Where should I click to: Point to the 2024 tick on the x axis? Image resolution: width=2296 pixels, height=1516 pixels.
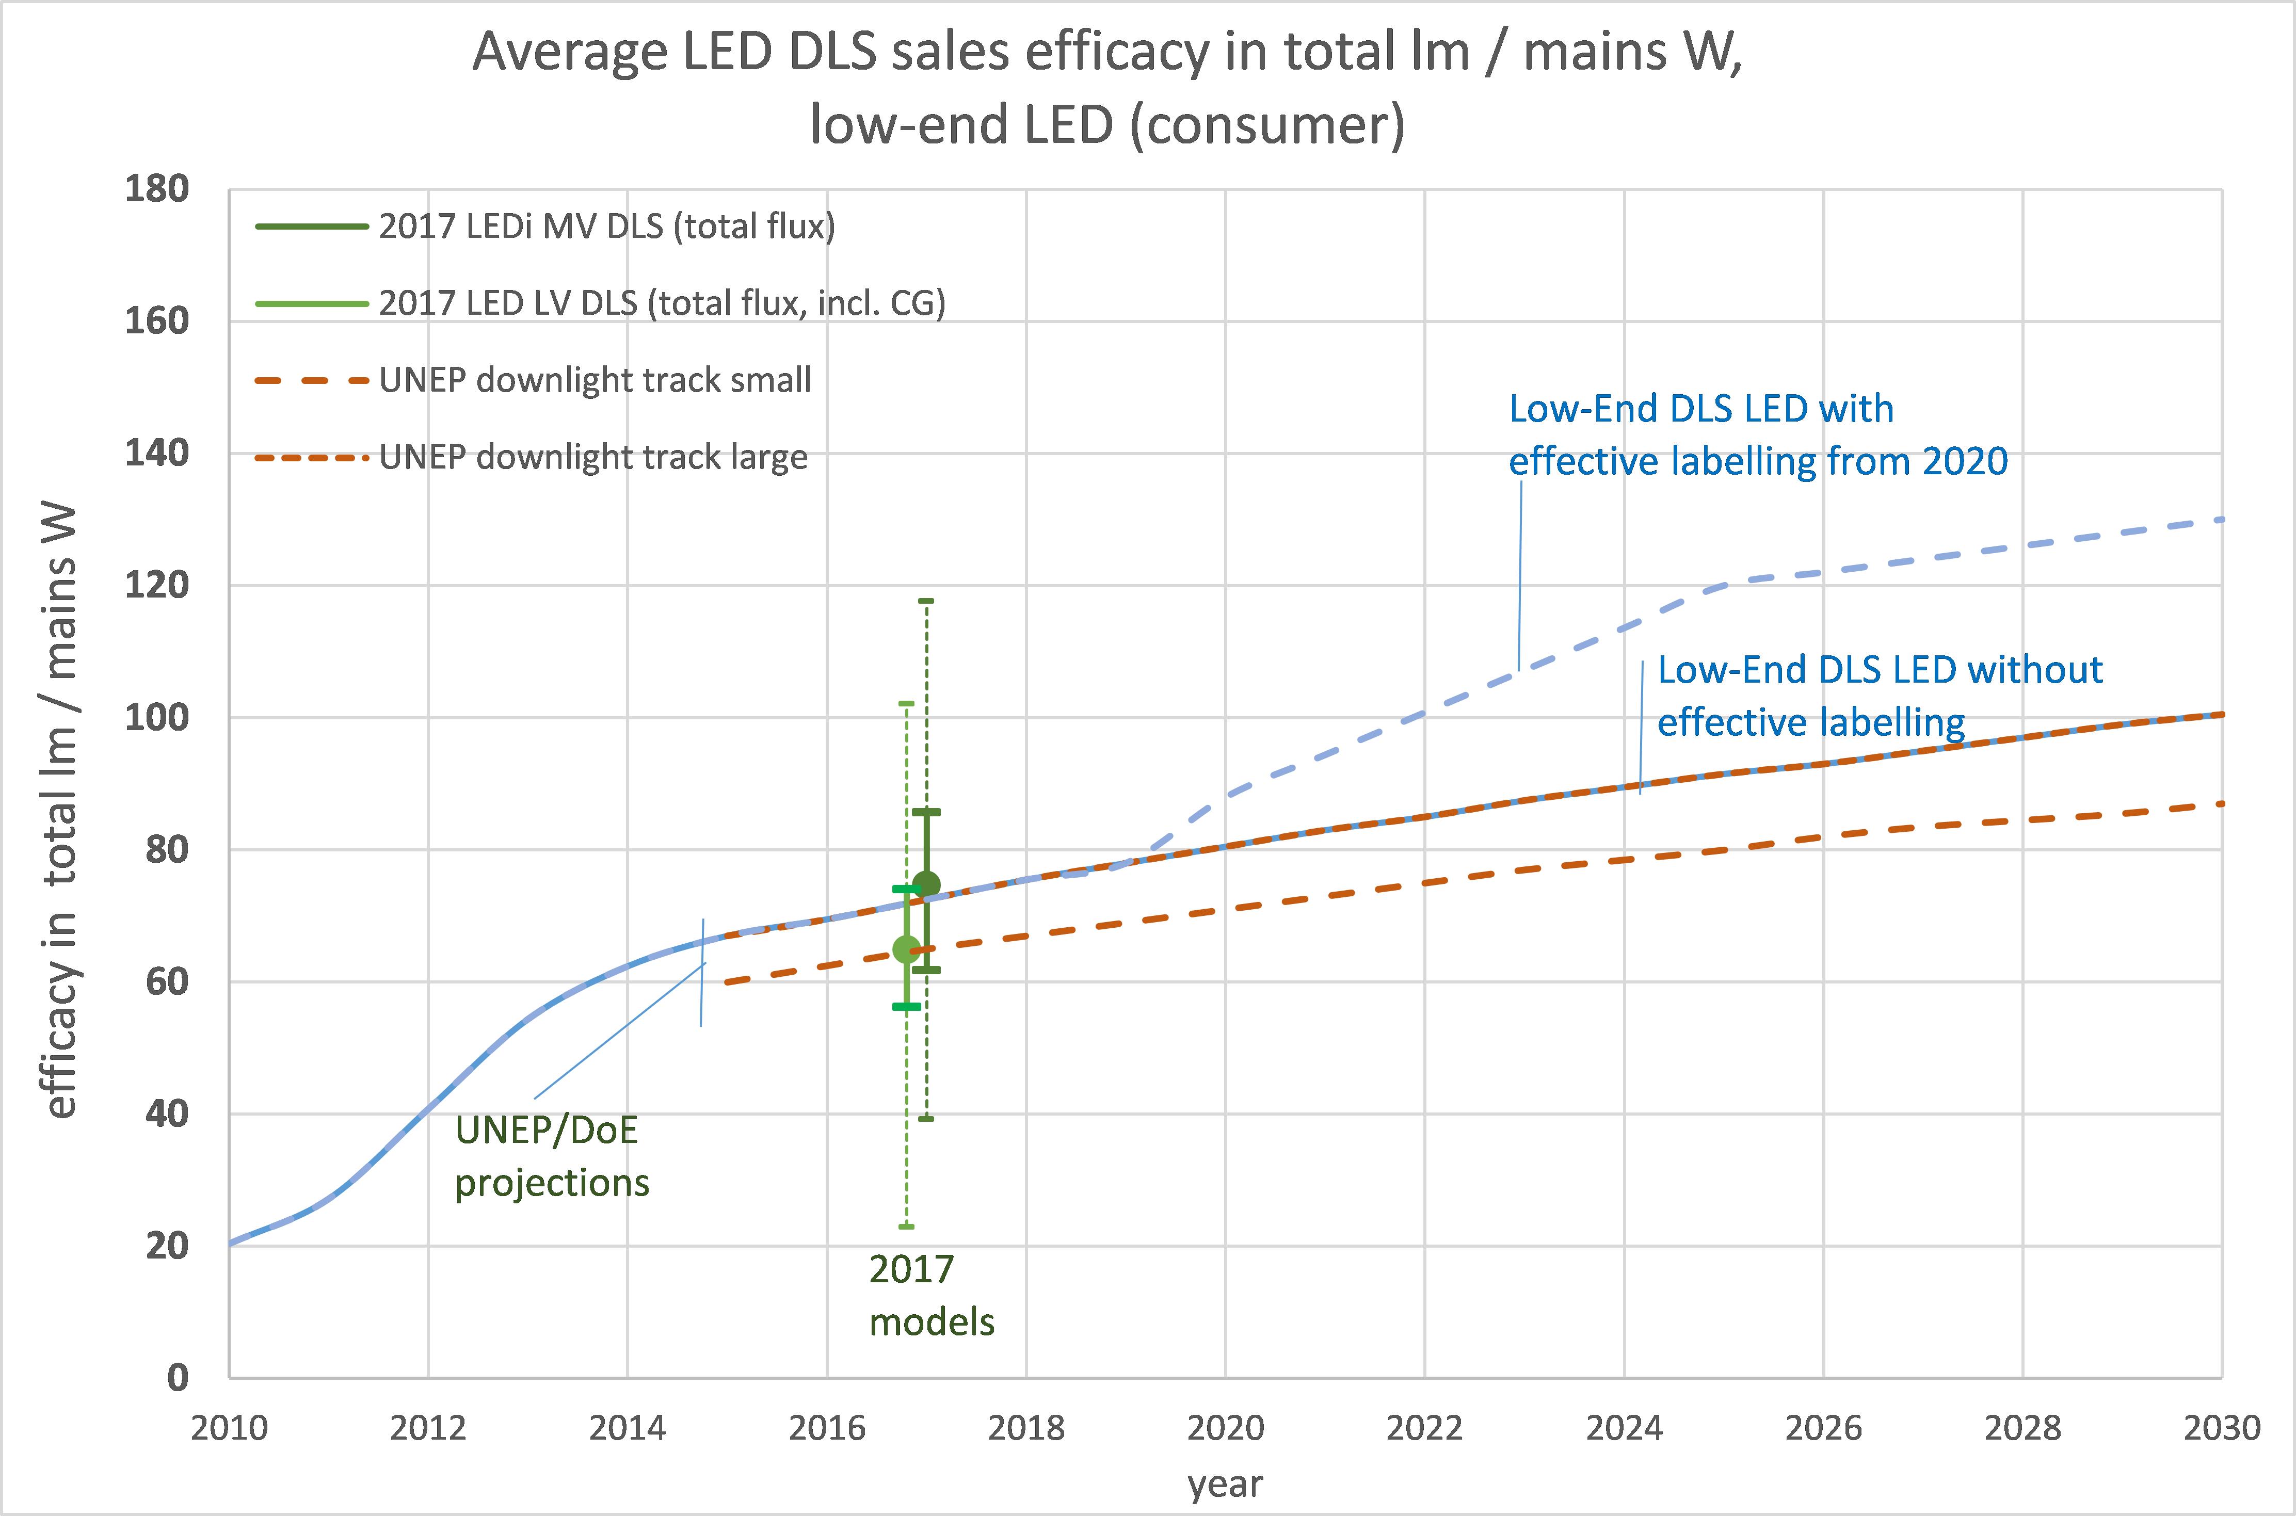pyautogui.click(x=1624, y=1427)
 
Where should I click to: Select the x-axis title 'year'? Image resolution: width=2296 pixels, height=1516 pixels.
pyautogui.click(x=1225, y=1484)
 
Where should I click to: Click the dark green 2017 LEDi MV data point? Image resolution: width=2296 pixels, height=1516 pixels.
pyautogui.click(x=926, y=884)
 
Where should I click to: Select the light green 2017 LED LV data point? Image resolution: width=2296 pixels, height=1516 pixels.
pyautogui.click(x=906, y=949)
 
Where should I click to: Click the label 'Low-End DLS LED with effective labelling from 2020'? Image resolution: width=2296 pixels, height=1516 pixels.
pyautogui.click(x=1758, y=435)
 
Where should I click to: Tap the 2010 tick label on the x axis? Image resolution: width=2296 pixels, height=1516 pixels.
pyautogui.click(x=229, y=1427)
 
